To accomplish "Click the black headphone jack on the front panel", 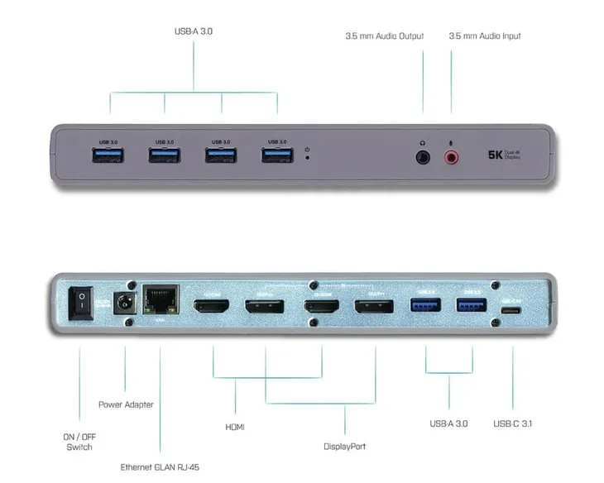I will [x=424, y=155].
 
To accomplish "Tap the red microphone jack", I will [x=452, y=155].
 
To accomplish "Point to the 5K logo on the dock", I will [x=496, y=155].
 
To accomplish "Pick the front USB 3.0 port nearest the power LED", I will [x=277, y=155].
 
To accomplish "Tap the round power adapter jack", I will [x=125, y=304].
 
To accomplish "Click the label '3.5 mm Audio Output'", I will [x=384, y=36].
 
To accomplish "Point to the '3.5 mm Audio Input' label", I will [x=485, y=36].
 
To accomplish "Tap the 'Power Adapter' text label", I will [x=126, y=404].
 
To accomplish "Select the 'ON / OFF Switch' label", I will [x=79, y=441].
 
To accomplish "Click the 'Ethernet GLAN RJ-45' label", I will [x=160, y=467].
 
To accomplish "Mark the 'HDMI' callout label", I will [x=235, y=428].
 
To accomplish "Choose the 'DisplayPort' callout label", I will [x=344, y=447].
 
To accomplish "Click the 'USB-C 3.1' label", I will [x=513, y=424].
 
